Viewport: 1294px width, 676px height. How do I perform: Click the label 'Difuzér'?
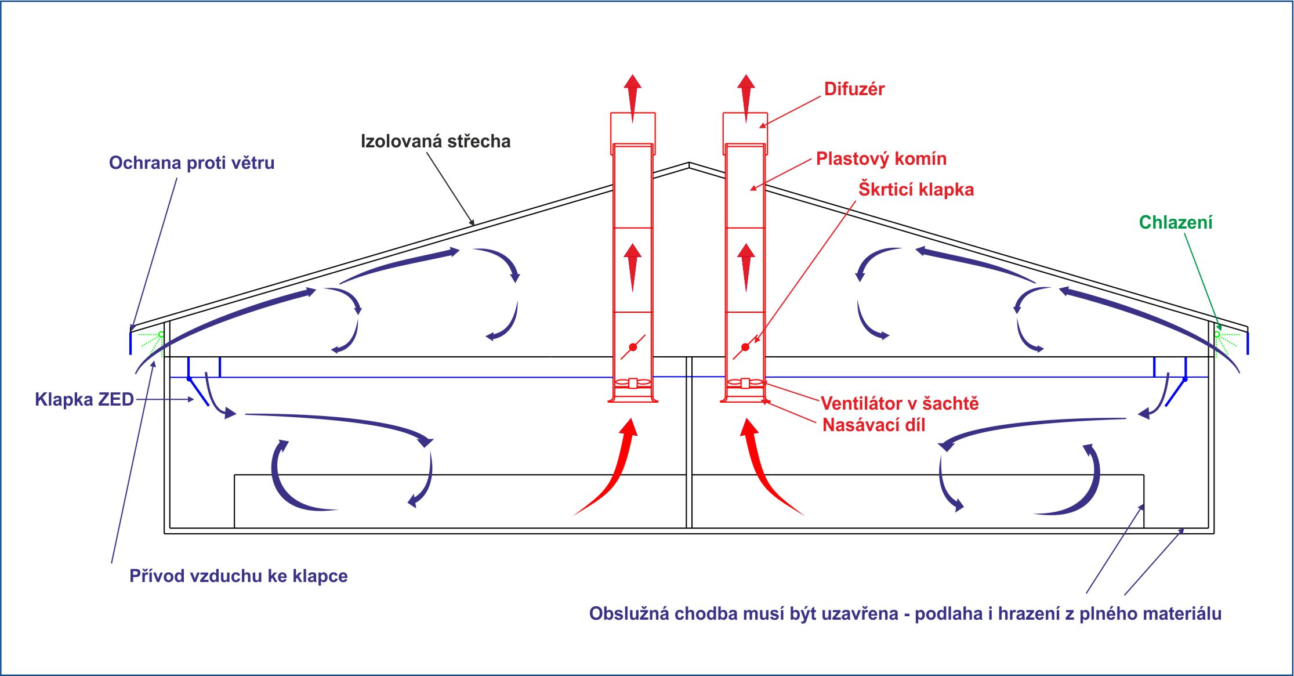tap(854, 89)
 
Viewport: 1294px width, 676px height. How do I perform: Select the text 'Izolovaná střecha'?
tap(436, 142)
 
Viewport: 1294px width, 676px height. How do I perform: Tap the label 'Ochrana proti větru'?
tap(191, 163)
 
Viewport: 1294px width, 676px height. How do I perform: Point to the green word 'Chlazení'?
tap(1175, 222)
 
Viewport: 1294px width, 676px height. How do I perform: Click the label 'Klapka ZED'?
tap(84, 400)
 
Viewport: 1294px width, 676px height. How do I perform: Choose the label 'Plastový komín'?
tap(881, 159)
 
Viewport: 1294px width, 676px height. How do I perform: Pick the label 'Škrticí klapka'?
tap(916, 190)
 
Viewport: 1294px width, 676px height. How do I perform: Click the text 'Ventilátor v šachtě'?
tap(900, 403)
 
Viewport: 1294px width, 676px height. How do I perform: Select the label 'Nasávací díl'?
tap(873, 425)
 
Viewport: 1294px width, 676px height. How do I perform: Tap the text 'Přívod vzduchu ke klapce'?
tap(238, 576)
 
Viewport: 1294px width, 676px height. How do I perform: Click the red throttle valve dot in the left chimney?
tap(633, 347)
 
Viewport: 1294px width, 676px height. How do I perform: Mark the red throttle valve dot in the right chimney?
tap(745, 347)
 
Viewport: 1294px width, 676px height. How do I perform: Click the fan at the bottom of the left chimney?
tap(633, 383)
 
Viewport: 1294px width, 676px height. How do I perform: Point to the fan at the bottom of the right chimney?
tap(745, 383)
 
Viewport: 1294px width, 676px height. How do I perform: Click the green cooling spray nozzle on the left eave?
tap(161, 334)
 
